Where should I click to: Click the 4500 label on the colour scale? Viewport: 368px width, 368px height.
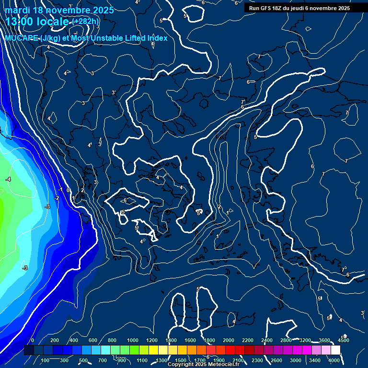click(x=344, y=340)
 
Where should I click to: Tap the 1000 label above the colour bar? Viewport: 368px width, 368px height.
click(x=133, y=340)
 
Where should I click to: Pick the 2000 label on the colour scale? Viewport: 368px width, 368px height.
click(x=229, y=340)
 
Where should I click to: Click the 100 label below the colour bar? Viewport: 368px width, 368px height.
click(x=46, y=360)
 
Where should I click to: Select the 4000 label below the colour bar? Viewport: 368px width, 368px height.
click(x=334, y=360)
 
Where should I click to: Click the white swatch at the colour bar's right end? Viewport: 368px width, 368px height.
click(x=335, y=350)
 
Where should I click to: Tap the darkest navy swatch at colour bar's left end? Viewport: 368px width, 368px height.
click(x=29, y=350)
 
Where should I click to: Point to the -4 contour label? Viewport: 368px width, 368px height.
click(x=8, y=179)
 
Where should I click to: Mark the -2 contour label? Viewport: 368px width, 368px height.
click(x=57, y=198)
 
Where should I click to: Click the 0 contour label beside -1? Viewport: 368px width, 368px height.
click(x=68, y=190)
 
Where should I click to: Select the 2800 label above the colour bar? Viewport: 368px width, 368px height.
click(x=286, y=340)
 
